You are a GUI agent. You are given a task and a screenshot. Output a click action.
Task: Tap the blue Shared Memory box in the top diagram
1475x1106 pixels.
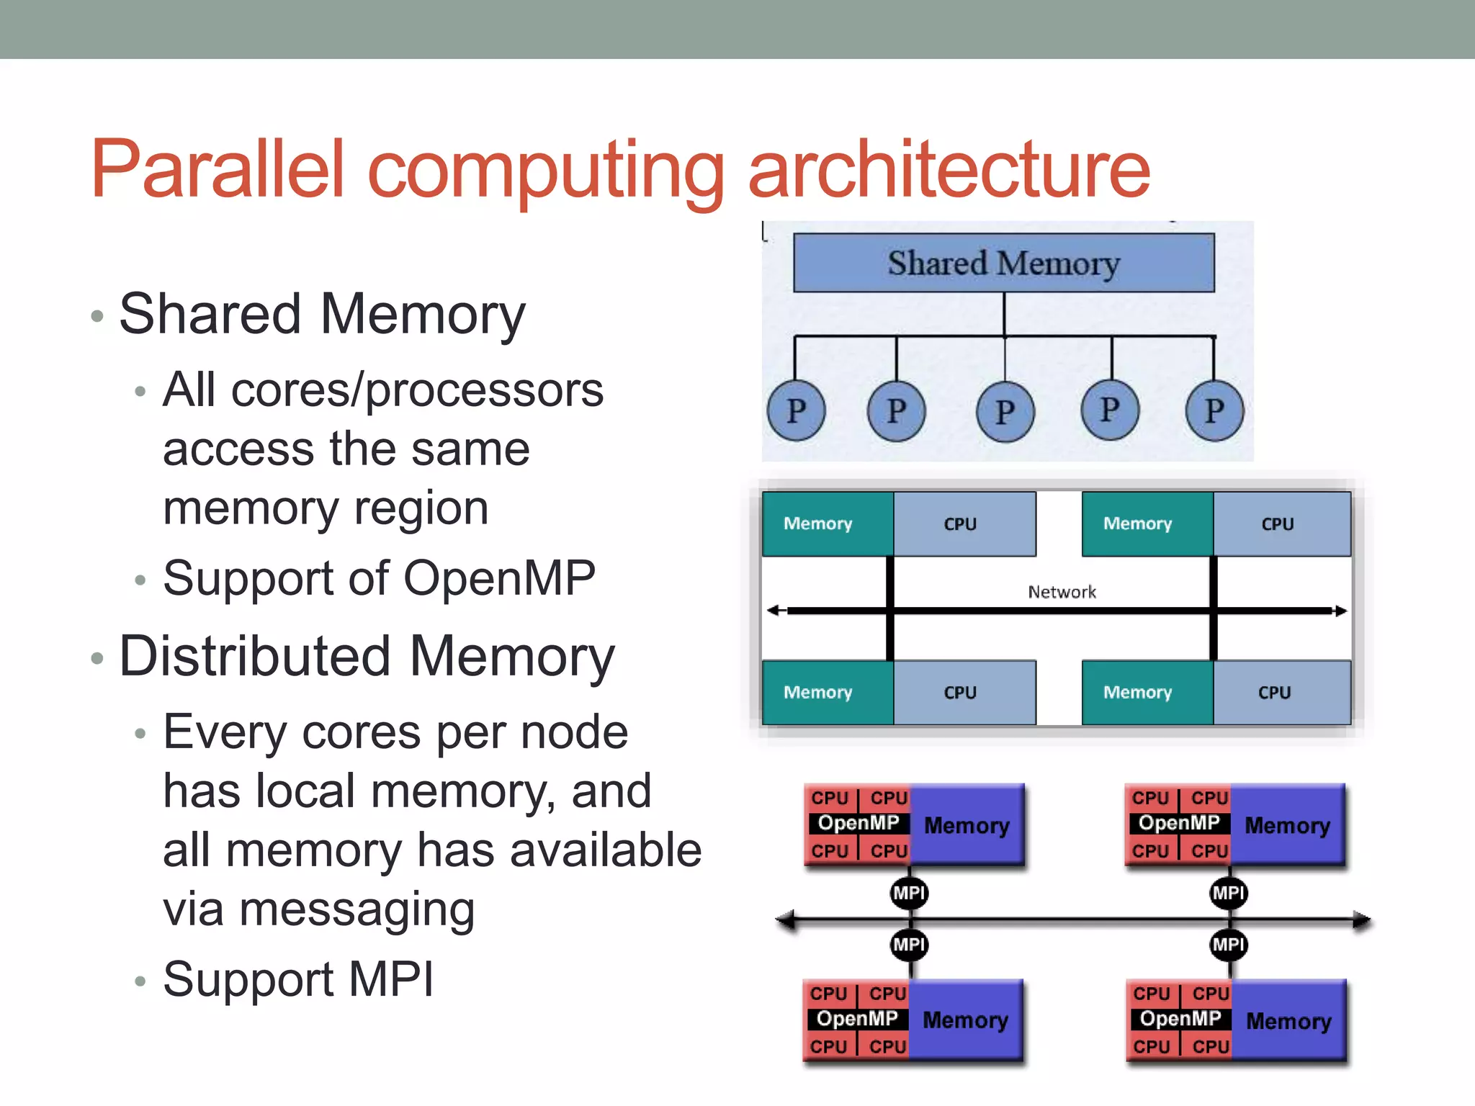coord(1003,263)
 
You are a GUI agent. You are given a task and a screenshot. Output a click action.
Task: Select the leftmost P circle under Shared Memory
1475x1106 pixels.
coord(796,411)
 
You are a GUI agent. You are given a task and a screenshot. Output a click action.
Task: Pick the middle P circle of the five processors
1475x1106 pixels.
coord(1005,412)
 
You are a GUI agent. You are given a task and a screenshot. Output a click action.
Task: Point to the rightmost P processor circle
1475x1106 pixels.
coord(1214,410)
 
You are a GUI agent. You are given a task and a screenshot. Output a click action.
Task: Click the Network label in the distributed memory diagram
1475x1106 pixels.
coord(1062,592)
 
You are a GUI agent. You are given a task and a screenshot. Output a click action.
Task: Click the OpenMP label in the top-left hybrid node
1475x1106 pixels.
coord(858,823)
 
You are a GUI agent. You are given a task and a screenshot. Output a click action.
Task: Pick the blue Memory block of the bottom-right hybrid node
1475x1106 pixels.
coord(1288,1020)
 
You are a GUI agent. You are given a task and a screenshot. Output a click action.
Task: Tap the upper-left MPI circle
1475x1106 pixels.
coord(909,893)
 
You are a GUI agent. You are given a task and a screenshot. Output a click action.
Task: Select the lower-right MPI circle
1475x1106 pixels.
coord(1228,944)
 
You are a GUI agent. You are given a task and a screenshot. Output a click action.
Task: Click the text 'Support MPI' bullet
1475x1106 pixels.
coord(298,979)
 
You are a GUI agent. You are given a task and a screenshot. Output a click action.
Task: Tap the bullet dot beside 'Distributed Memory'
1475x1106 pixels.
coord(98,658)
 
